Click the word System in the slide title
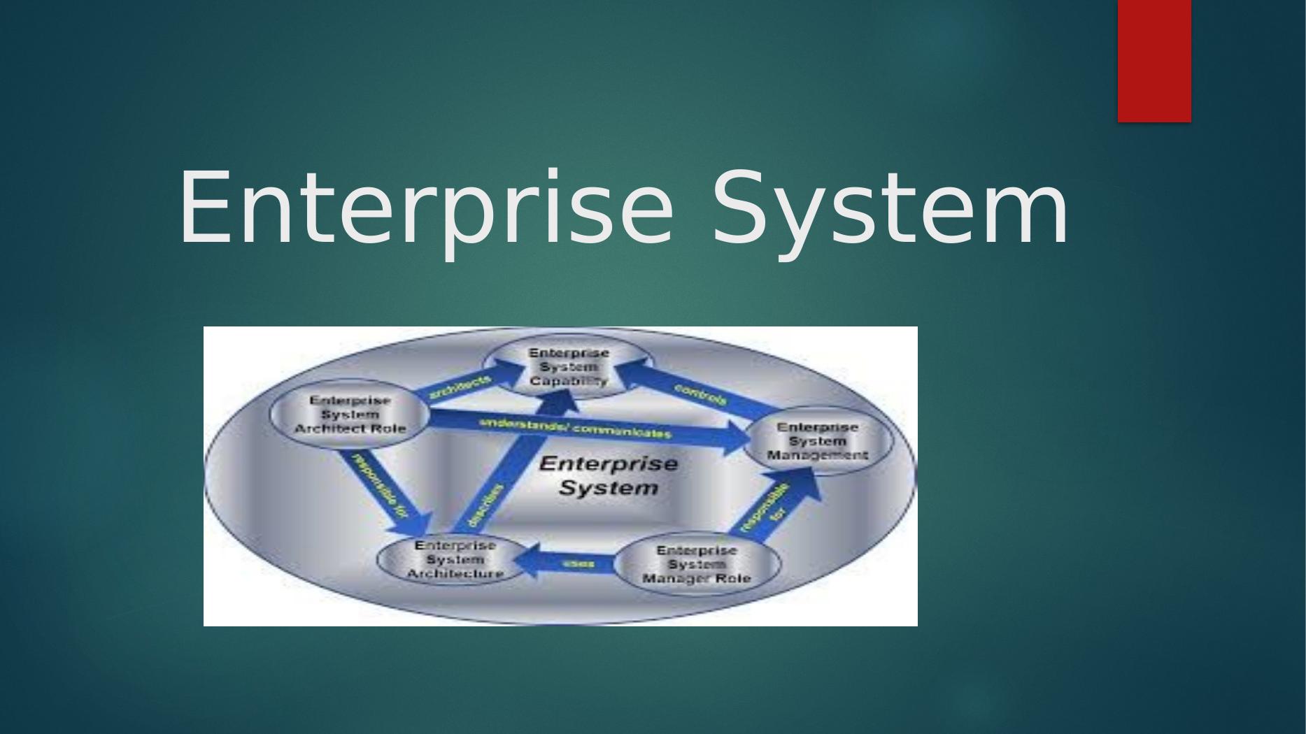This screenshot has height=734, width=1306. [x=890, y=209]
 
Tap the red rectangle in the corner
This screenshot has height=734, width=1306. [x=1154, y=61]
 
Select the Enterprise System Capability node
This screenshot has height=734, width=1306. [x=568, y=367]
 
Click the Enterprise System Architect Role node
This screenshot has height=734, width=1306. [x=350, y=415]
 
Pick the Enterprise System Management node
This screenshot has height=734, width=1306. [x=817, y=441]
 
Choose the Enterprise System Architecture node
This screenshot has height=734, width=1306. [x=455, y=560]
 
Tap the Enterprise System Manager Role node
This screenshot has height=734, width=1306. [x=696, y=565]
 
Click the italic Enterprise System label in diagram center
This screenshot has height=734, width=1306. [x=609, y=475]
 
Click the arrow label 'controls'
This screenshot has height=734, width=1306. [x=700, y=395]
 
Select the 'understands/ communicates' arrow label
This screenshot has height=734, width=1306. [x=575, y=428]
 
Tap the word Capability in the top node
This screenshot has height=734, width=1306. [x=568, y=381]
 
